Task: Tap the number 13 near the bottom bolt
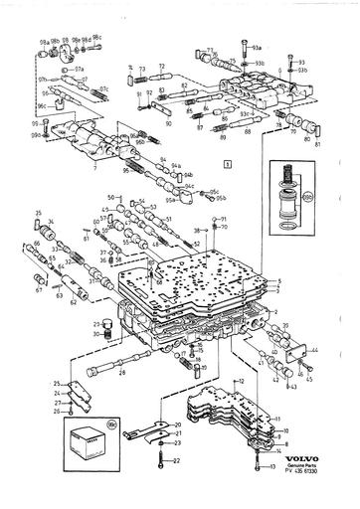(x=270, y=465)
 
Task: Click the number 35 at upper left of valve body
(x=37, y=214)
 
